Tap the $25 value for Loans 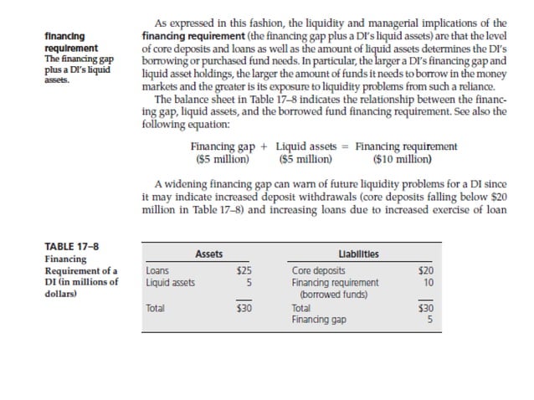click(x=244, y=271)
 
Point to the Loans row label click(x=157, y=271)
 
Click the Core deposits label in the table click(x=318, y=271)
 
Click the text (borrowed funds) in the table click(x=334, y=295)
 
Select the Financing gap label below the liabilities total click(x=318, y=320)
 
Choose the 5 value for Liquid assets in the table click(x=249, y=283)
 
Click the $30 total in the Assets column click(x=244, y=309)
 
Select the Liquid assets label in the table click(x=170, y=283)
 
